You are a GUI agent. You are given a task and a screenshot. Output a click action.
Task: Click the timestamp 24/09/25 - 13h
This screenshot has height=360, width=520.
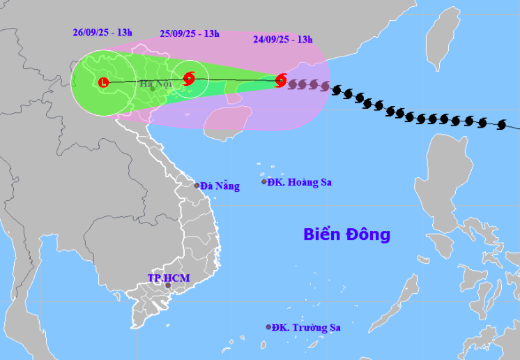283,39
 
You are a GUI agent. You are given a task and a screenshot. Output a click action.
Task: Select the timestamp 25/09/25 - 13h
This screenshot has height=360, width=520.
190,33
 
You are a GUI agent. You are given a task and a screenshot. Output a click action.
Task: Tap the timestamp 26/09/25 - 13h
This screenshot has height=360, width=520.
102,32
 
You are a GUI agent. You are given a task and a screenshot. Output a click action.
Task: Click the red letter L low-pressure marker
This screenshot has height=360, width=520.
103,82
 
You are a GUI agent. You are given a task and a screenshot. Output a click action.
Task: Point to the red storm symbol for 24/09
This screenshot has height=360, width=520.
281,80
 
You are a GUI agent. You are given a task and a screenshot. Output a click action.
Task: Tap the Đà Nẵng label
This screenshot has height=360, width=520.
220,186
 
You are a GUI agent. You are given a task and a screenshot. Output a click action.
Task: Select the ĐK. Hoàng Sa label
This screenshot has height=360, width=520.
300,182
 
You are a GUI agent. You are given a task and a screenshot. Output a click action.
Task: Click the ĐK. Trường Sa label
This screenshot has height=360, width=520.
306,327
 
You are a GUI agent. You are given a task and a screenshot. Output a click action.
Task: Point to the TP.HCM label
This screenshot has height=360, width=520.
168,278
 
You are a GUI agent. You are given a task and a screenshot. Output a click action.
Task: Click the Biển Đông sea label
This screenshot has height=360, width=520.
346,234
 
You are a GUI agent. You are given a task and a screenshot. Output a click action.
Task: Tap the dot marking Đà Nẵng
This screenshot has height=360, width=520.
197,186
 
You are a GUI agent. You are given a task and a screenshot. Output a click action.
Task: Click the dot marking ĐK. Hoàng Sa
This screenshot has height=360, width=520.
264,182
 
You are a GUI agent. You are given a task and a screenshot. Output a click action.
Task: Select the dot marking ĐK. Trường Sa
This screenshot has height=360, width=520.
268,327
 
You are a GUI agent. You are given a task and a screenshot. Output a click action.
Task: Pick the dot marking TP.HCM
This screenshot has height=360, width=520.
167,285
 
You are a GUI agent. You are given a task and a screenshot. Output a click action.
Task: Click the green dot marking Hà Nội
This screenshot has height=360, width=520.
153,89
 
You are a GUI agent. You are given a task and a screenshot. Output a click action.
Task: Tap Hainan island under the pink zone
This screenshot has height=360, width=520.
225,121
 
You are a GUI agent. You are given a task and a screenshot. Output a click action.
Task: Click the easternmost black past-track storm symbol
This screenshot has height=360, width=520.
501,126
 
